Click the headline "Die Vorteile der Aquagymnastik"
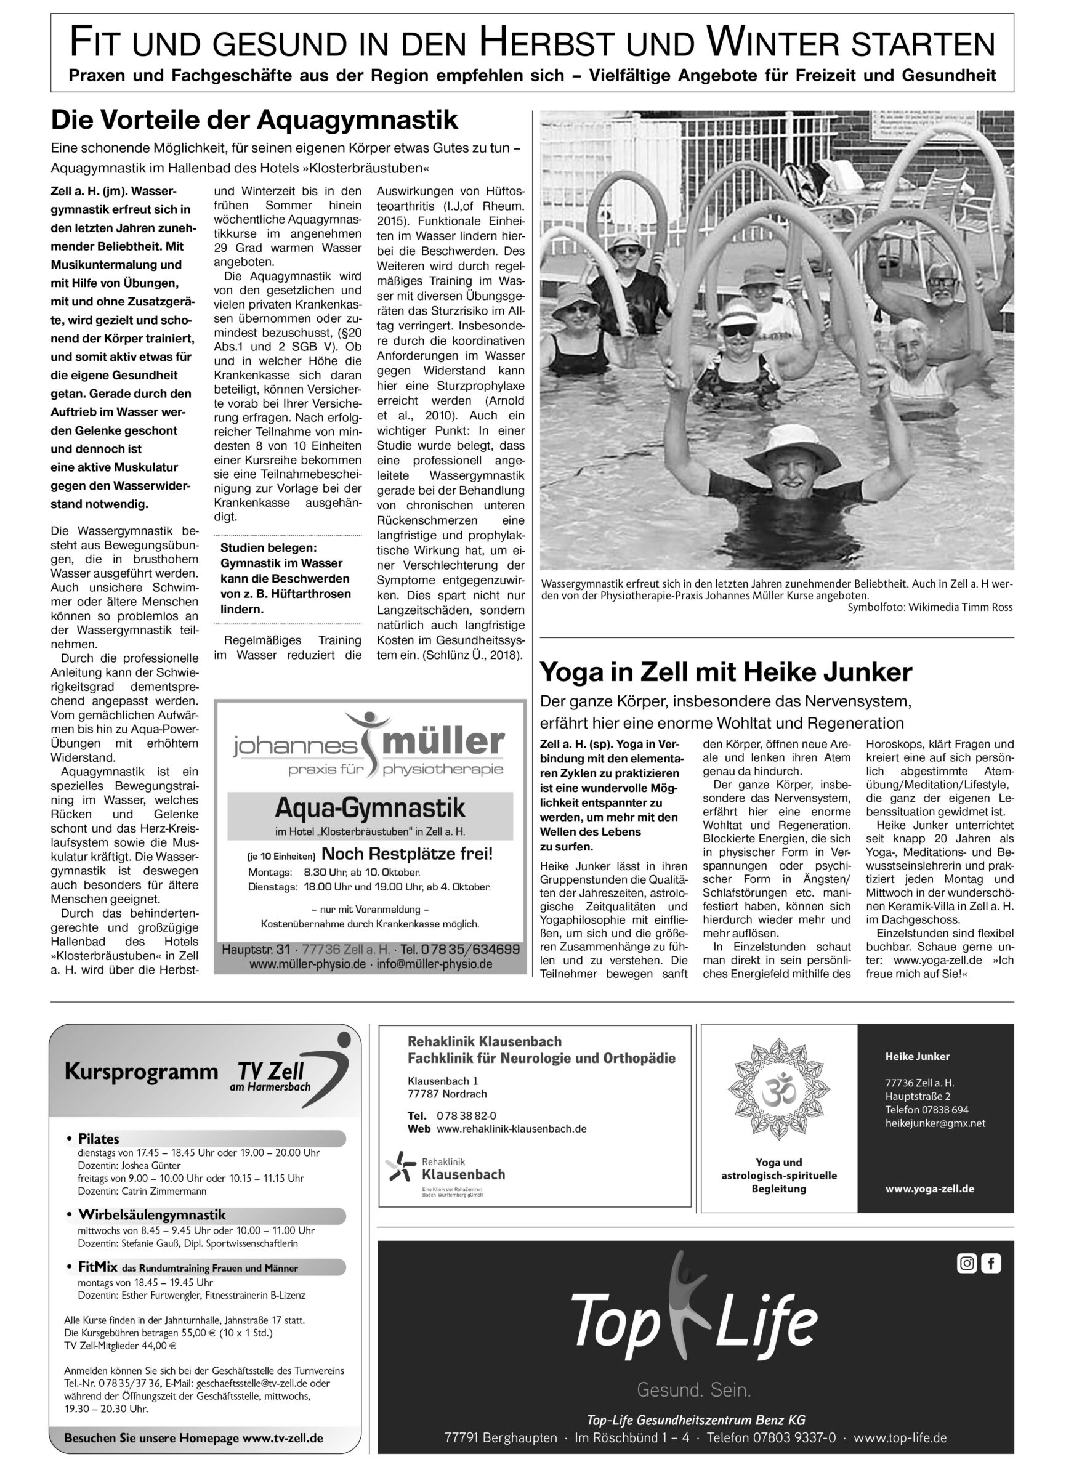click(x=254, y=121)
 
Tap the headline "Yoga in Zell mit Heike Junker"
click(x=726, y=672)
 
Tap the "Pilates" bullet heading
click(x=99, y=1139)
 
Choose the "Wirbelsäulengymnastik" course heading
click(x=152, y=1214)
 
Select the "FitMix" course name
click(x=98, y=1267)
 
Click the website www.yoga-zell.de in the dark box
click(x=929, y=1188)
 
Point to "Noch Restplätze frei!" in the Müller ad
click(x=407, y=854)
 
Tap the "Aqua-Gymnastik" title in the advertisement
click(x=370, y=808)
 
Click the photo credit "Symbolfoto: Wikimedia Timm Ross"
click(x=930, y=607)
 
